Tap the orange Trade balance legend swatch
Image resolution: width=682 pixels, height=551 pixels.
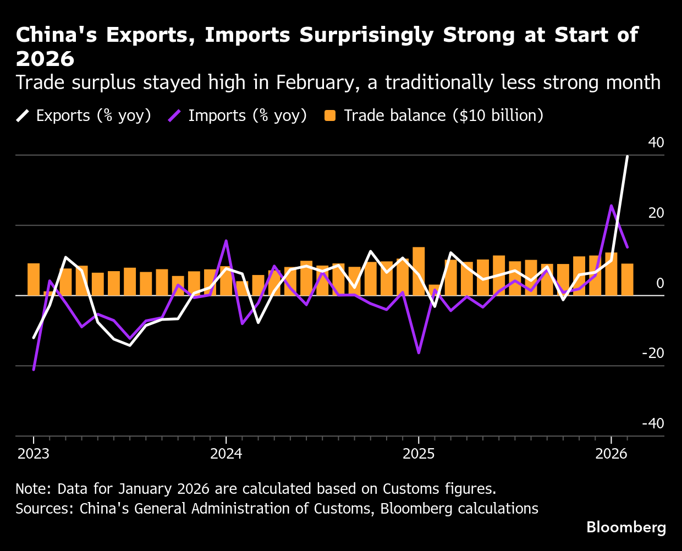(x=330, y=115)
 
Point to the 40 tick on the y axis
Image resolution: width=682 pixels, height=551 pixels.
(x=656, y=142)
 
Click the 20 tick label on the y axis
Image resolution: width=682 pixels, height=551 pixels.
(x=656, y=213)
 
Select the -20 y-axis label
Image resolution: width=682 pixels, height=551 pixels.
(x=653, y=353)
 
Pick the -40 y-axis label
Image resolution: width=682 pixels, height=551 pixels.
(x=653, y=423)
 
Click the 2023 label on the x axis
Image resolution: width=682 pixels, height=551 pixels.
(x=33, y=454)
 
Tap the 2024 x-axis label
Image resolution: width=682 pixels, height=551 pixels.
(x=226, y=454)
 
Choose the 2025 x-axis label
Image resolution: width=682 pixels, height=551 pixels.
(x=419, y=454)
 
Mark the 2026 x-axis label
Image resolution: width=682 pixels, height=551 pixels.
(x=611, y=454)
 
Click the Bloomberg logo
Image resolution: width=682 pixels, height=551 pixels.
(x=626, y=527)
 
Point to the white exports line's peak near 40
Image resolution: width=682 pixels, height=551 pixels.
(x=627, y=157)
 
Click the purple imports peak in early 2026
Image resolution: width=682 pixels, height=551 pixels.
(x=611, y=206)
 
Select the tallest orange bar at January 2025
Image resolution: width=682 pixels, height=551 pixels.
(x=419, y=271)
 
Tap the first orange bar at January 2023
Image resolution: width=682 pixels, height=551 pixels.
(x=34, y=279)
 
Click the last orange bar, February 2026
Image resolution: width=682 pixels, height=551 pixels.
(x=627, y=279)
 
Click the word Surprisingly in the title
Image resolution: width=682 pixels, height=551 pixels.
(x=368, y=35)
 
